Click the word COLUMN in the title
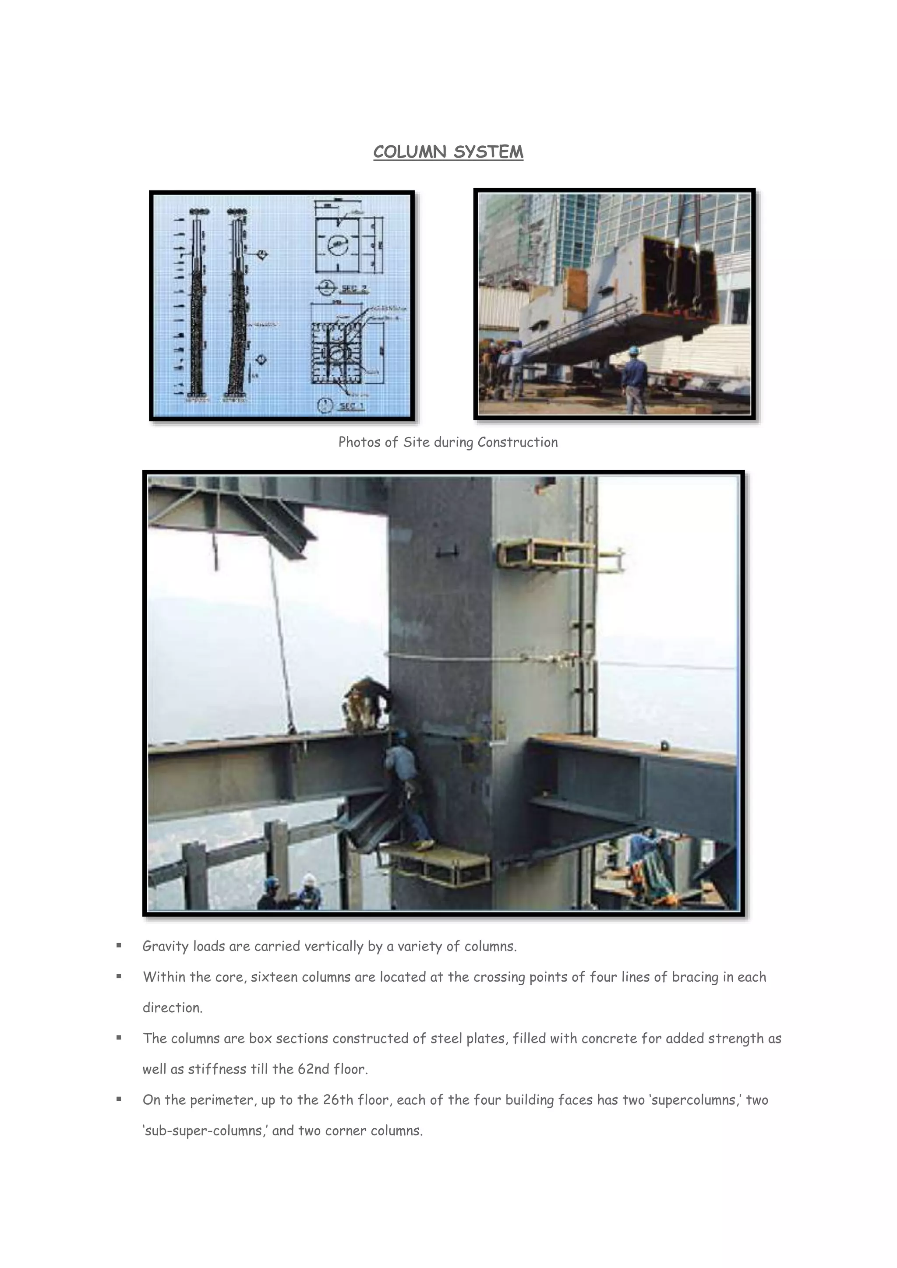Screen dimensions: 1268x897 coord(410,152)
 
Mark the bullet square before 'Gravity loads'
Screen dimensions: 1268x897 coord(119,945)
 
